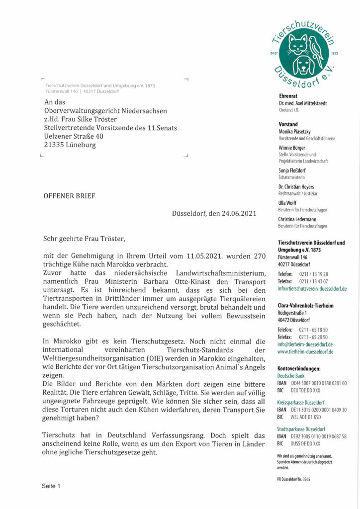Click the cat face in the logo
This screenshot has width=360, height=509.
click(x=298, y=45)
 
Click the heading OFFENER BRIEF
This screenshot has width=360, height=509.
click(x=69, y=196)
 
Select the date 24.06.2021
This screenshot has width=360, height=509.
click(x=238, y=214)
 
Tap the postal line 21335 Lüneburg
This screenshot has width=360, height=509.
click(x=70, y=145)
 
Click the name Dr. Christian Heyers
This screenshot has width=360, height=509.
click(x=296, y=187)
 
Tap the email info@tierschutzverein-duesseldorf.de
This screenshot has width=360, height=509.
click(x=312, y=288)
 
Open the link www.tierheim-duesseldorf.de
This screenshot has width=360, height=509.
click(x=305, y=351)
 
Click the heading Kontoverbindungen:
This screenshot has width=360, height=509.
click(x=299, y=368)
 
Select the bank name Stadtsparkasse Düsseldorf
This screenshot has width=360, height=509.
click(x=301, y=428)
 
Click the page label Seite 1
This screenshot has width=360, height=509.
click(x=51, y=486)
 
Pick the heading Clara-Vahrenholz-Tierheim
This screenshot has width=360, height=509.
click(x=306, y=305)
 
